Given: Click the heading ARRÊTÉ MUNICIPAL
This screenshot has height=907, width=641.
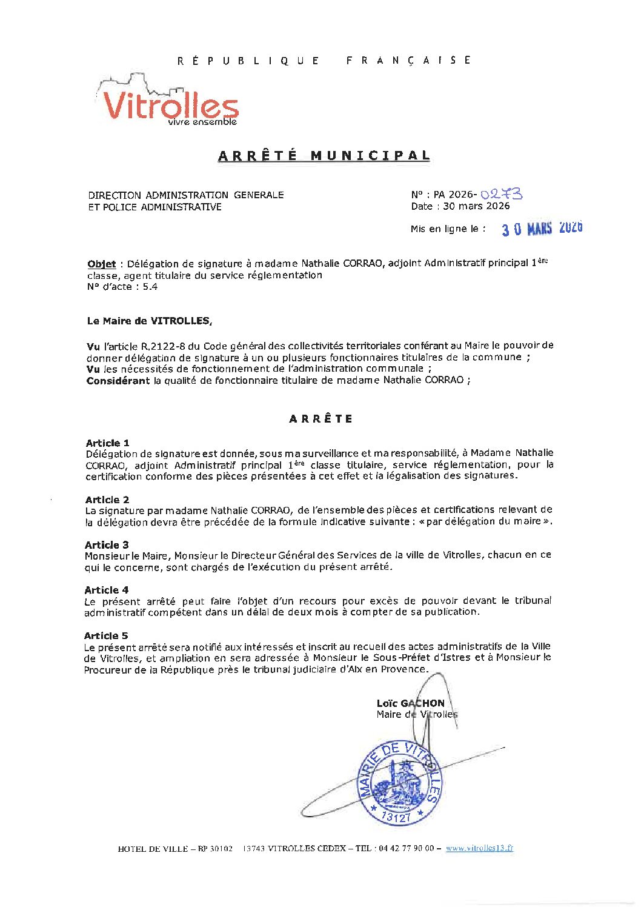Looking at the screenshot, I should point(324,156).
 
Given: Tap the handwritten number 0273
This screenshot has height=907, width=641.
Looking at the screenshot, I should point(501,194).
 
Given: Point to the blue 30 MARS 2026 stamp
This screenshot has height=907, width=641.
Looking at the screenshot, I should point(542,229).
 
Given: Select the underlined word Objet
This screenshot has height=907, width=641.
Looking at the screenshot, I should point(101,264).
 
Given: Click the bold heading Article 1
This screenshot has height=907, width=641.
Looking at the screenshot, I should point(107,443).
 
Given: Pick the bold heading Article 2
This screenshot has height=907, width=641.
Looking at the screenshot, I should point(107,500).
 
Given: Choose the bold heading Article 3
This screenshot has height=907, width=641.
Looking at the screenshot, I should point(107,544).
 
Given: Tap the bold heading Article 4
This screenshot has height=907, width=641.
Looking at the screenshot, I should point(107,590).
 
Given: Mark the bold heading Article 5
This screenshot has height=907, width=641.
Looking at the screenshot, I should point(106,635).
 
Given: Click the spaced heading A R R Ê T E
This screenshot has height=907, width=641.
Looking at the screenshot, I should point(320,419).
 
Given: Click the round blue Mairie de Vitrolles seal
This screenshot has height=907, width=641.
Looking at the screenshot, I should point(400,783).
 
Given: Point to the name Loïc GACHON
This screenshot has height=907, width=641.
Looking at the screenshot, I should point(410,703).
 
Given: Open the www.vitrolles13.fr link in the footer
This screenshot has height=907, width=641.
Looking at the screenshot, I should point(479,848).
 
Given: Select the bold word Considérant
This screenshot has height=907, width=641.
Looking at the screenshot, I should point(118,381).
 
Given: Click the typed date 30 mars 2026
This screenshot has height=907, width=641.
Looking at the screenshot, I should point(476,206).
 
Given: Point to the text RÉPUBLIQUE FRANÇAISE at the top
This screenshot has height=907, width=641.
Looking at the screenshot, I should point(324,61).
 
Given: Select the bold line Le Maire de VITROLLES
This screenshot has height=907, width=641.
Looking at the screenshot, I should point(150,321).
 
